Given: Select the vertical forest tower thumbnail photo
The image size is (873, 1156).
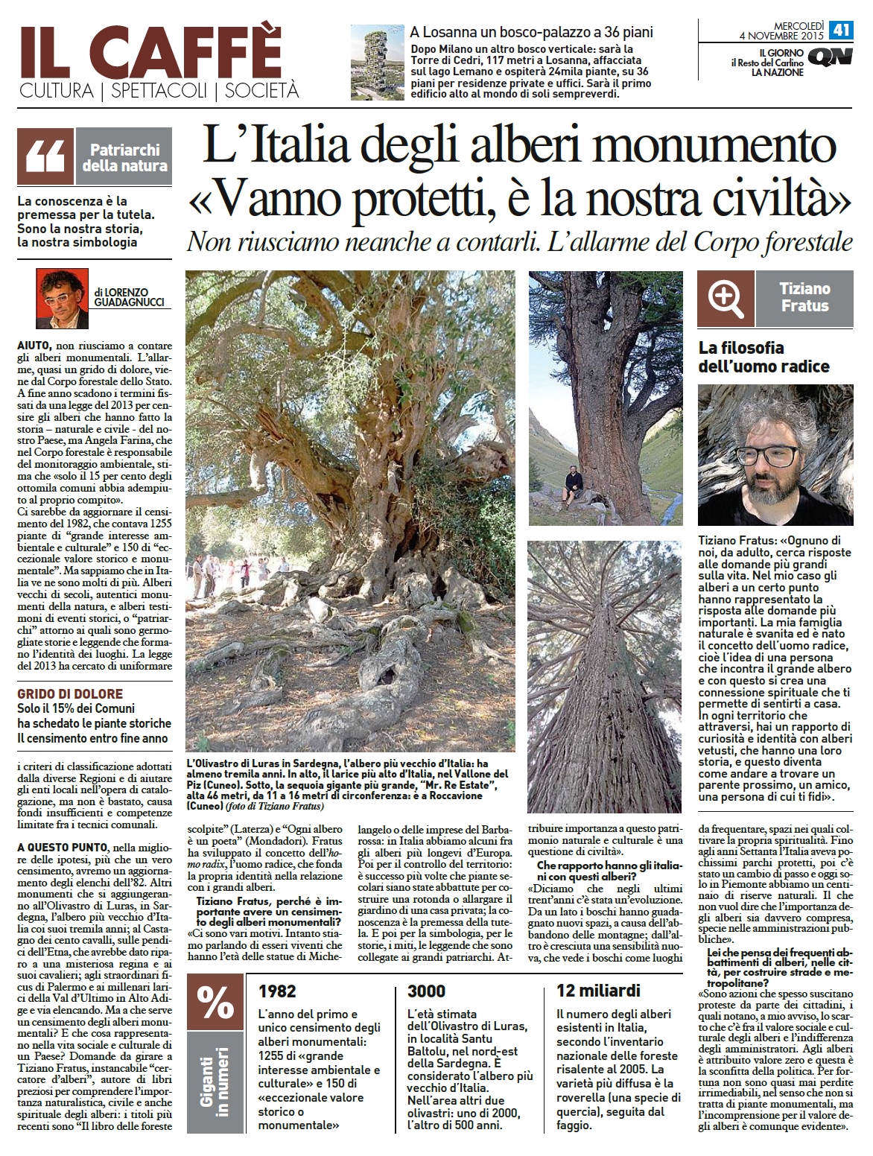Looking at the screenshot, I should pyautogui.click(x=376, y=63).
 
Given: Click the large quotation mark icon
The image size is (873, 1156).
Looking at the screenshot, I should pyautogui.click(x=45, y=156).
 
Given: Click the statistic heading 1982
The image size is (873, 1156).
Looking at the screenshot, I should pyautogui.click(x=276, y=991).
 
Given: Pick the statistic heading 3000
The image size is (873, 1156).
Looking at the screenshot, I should pyautogui.click(x=427, y=991).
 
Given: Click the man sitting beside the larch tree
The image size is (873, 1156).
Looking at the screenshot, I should pyautogui.click(x=575, y=480).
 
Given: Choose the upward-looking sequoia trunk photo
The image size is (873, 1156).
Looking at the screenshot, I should pyautogui.click(x=604, y=676).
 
